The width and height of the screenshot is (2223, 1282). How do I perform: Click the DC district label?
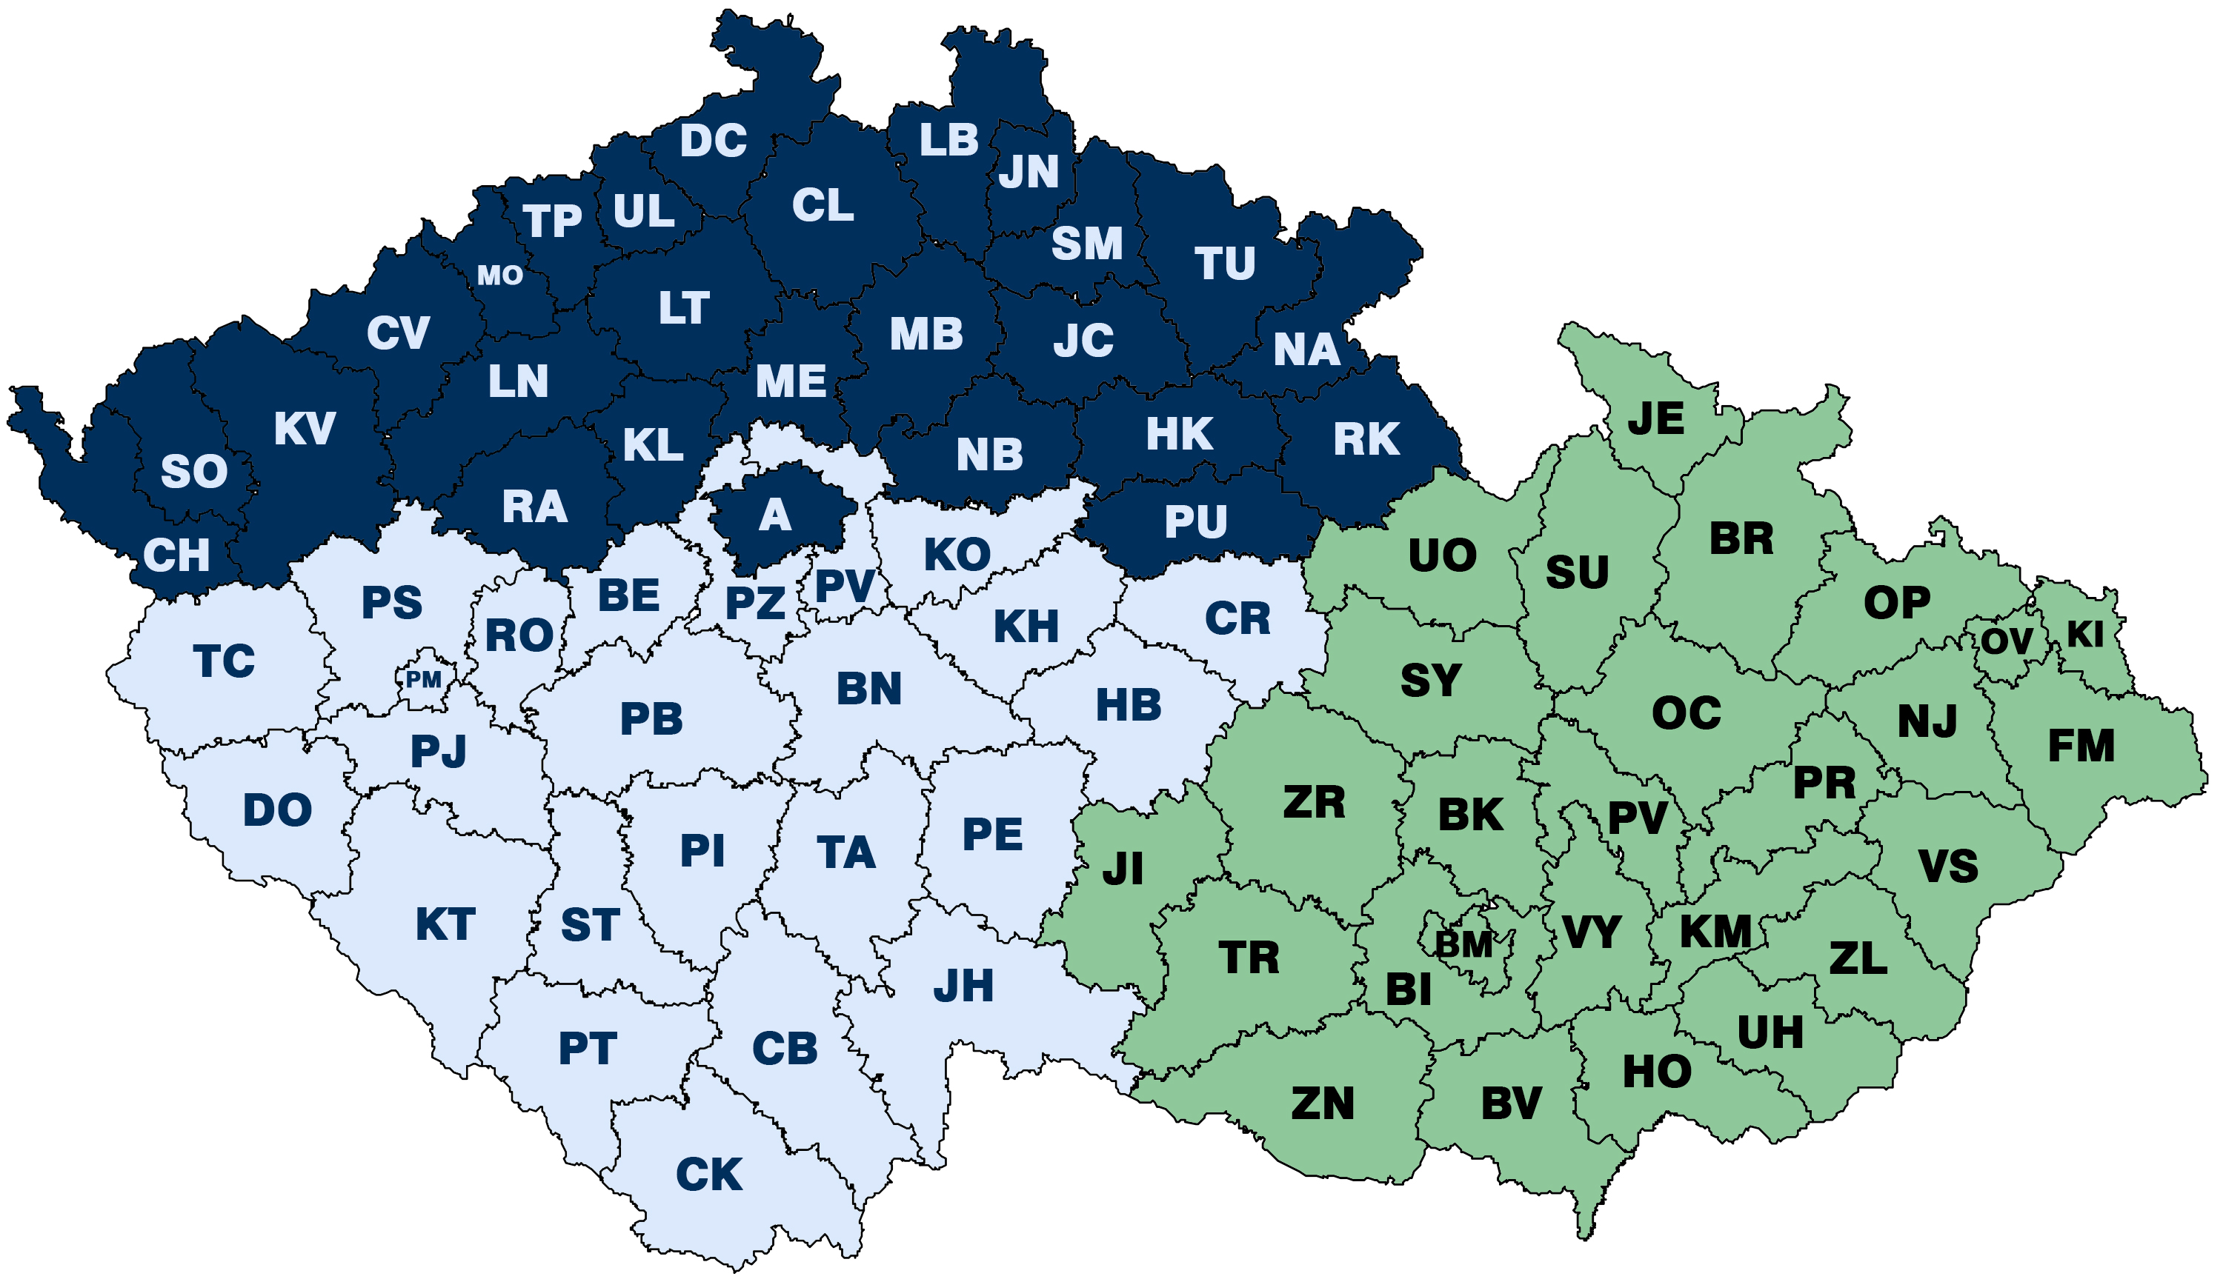tap(713, 141)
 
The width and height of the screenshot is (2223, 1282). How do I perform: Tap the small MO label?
tap(499, 276)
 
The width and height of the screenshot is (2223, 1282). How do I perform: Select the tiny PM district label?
tap(423, 680)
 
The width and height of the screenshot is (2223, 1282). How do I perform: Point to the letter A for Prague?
tap(774, 515)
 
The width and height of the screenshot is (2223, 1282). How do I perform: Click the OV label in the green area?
tap(2007, 641)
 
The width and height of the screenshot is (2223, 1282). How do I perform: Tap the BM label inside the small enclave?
tap(1463, 946)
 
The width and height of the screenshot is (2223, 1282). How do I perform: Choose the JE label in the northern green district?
tap(1656, 418)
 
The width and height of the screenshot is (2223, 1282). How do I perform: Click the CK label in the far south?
tap(709, 1175)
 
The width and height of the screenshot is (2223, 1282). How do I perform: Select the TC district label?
tap(224, 661)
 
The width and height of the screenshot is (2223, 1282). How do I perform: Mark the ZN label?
tap(1322, 1104)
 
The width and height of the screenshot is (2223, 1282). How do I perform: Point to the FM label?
tap(2081, 746)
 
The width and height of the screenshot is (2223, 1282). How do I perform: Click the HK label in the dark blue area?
tap(1180, 434)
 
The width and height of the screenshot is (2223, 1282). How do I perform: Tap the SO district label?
tap(193, 472)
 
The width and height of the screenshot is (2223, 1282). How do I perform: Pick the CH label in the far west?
tap(176, 555)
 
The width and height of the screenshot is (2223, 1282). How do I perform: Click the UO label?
tap(1442, 555)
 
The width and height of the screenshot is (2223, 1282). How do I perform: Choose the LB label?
tap(948, 140)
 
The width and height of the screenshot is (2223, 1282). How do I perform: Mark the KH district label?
tap(1026, 627)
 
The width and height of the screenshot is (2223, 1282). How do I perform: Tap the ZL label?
tap(1858, 958)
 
